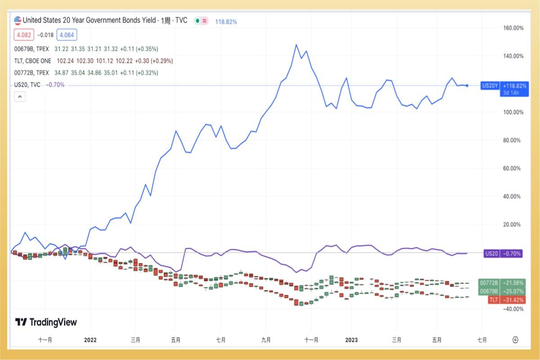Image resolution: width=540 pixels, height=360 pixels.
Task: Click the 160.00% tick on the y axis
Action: [513, 28]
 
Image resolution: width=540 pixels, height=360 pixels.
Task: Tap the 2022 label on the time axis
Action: [90, 340]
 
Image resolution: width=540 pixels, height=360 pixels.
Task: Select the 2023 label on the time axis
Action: [351, 340]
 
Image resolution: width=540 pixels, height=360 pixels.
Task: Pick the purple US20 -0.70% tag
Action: [503, 254]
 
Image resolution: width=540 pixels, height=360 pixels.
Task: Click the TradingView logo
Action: [46, 322]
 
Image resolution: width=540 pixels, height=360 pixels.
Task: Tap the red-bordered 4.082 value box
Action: [23, 35]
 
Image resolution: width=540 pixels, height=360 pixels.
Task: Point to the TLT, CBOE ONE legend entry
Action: [33, 61]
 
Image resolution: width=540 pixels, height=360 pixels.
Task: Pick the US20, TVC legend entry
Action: [27, 85]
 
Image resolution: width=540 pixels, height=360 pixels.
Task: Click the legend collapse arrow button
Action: [20, 96]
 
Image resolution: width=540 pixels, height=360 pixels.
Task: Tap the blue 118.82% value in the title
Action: [226, 21]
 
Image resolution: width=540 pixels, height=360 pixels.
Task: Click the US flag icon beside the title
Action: [18, 20]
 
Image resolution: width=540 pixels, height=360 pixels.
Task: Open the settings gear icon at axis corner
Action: [516, 340]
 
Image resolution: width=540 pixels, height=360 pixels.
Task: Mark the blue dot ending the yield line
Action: [467, 85]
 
